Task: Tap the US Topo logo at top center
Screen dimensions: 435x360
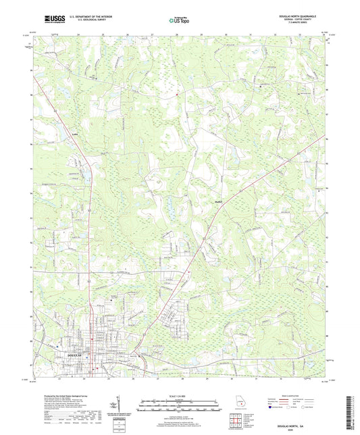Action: (179, 21)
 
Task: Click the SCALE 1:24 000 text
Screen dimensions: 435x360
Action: (180, 396)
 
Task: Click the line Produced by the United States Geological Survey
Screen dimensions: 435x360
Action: (59, 397)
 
